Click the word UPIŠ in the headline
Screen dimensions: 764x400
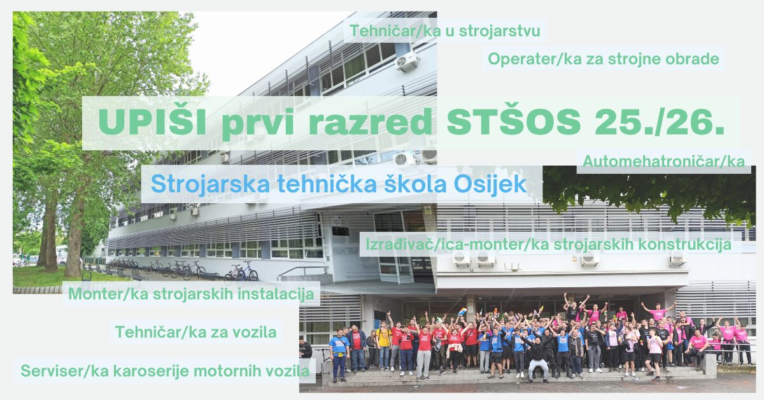(152, 121)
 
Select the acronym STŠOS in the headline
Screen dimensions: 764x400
(514, 122)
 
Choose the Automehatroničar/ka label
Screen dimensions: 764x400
(663, 161)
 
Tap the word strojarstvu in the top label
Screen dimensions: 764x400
(499, 31)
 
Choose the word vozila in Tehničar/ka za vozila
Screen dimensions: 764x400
(255, 332)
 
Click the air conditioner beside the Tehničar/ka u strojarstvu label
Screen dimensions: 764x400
(407, 61)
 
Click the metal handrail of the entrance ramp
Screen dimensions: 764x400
(300, 271)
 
